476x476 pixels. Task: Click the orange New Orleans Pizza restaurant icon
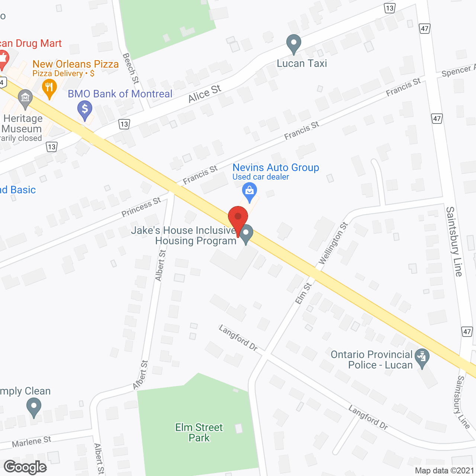click(49, 89)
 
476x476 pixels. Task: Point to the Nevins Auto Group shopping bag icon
click(250, 191)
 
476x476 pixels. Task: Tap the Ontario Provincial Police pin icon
click(422, 358)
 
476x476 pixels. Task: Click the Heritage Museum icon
click(25, 99)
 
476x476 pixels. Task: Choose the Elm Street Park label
click(199, 432)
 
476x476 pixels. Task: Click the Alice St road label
click(205, 93)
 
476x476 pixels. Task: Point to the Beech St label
click(131, 68)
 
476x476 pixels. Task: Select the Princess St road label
click(141, 207)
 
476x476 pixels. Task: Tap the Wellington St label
click(333, 243)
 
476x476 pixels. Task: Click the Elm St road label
click(304, 293)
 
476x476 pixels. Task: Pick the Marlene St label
click(32, 442)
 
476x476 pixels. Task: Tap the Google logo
click(25, 467)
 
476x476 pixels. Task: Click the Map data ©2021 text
click(444, 471)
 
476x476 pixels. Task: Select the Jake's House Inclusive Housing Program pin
click(246, 234)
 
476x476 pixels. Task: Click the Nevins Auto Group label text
click(276, 168)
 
